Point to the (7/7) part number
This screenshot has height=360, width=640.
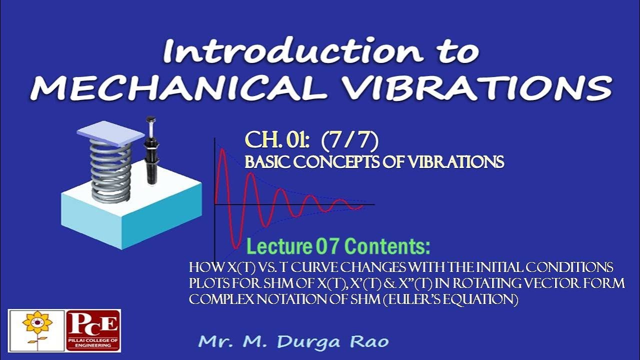click(349, 141)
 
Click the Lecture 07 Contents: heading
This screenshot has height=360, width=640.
click(338, 246)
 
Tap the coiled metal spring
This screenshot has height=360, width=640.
click(110, 170)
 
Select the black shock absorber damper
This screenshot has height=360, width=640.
click(149, 152)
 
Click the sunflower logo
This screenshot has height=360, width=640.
click(36, 330)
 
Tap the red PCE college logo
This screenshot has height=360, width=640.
click(93, 330)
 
